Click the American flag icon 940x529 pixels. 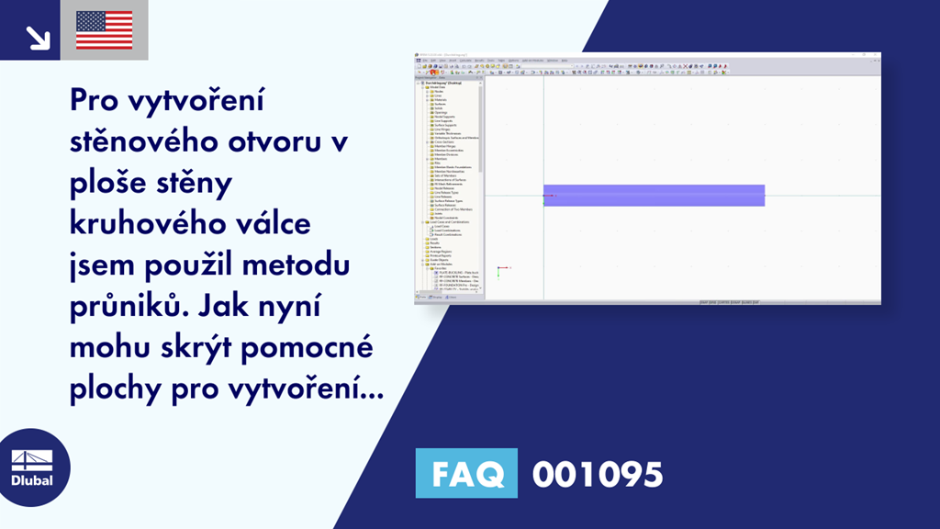104,30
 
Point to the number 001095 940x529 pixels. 597,474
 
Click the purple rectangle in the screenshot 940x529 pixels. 654,195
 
